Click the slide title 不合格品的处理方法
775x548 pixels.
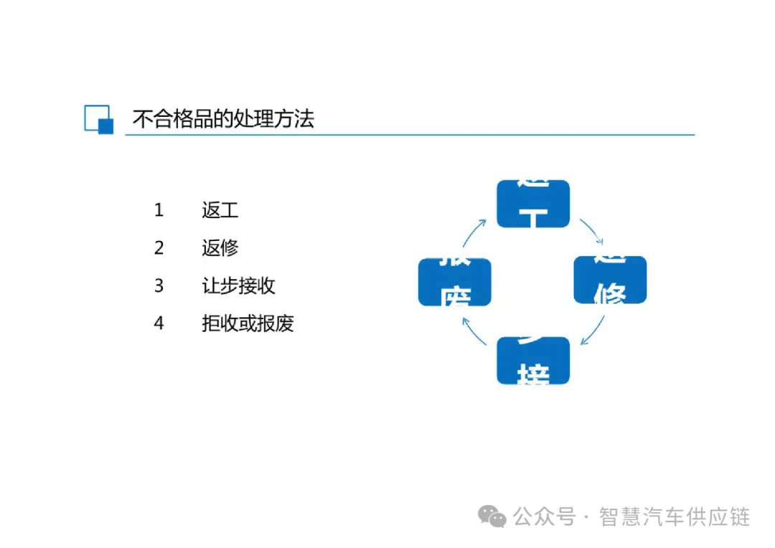tap(223, 118)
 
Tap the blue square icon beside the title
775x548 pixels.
tap(99, 119)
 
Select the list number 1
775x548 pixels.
tap(159, 210)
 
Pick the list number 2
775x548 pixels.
tap(159, 248)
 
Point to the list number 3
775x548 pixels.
tap(159, 286)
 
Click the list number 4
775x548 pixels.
tap(159, 323)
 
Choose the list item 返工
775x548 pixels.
tap(220, 210)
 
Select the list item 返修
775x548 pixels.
tap(220, 248)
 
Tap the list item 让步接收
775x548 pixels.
tap(238, 286)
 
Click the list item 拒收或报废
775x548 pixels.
tap(248, 323)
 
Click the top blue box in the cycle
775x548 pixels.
tap(533, 204)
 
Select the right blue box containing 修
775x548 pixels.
tap(610, 280)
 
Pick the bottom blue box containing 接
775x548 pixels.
tap(533, 360)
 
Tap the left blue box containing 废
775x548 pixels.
tap(455, 282)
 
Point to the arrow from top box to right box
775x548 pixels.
tap(593, 232)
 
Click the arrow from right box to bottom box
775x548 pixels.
tap(593, 330)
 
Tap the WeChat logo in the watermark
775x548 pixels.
tap(493, 516)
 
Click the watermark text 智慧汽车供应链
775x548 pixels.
tap(674, 516)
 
